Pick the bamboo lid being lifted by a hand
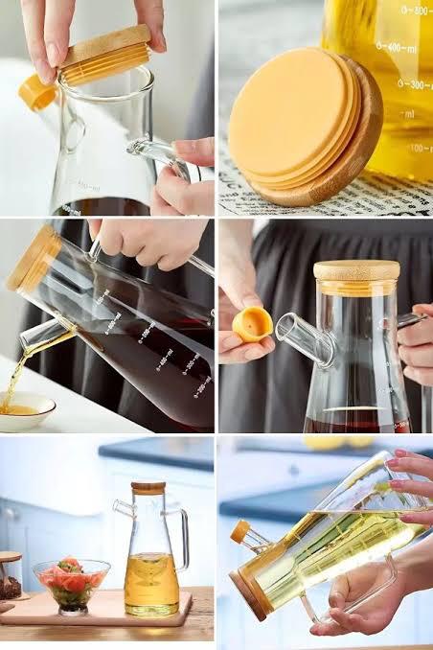point(104,55)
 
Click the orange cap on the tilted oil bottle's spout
point(239,531)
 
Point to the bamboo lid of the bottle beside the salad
point(148,488)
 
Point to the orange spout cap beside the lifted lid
point(37,92)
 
